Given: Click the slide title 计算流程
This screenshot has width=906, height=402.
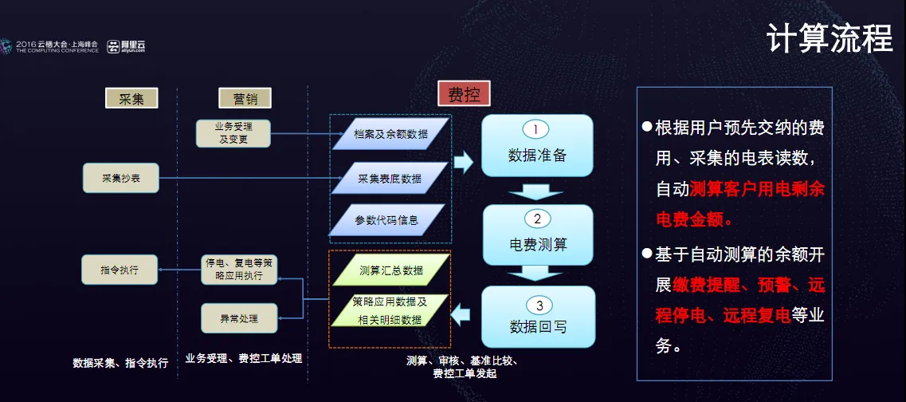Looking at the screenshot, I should (x=829, y=37).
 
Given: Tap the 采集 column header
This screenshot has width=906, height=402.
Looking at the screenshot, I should (x=131, y=98).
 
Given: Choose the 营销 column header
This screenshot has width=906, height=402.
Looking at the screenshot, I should (x=245, y=98).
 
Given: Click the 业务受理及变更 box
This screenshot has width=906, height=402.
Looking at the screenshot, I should (x=233, y=132).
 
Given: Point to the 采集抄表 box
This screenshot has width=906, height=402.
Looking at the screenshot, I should (x=121, y=178).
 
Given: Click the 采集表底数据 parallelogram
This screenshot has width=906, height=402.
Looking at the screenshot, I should (x=390, y=178).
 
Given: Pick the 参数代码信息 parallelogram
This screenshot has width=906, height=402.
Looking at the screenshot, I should (x=386, y=219).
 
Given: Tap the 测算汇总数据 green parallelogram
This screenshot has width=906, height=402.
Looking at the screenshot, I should (x=390, y=270).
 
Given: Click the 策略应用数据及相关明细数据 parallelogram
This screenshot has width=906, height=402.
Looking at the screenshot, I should (x=390, y=310).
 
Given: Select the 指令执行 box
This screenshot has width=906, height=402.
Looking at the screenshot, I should (x=120, y=270).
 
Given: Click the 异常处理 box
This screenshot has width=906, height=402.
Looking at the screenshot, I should (x=239, y=318).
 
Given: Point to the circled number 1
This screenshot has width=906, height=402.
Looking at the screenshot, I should (x=537, y=128).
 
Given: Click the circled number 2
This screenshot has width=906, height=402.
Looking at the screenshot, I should (x=537, y=219).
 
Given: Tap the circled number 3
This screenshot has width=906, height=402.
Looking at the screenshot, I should (x=539, y=304).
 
